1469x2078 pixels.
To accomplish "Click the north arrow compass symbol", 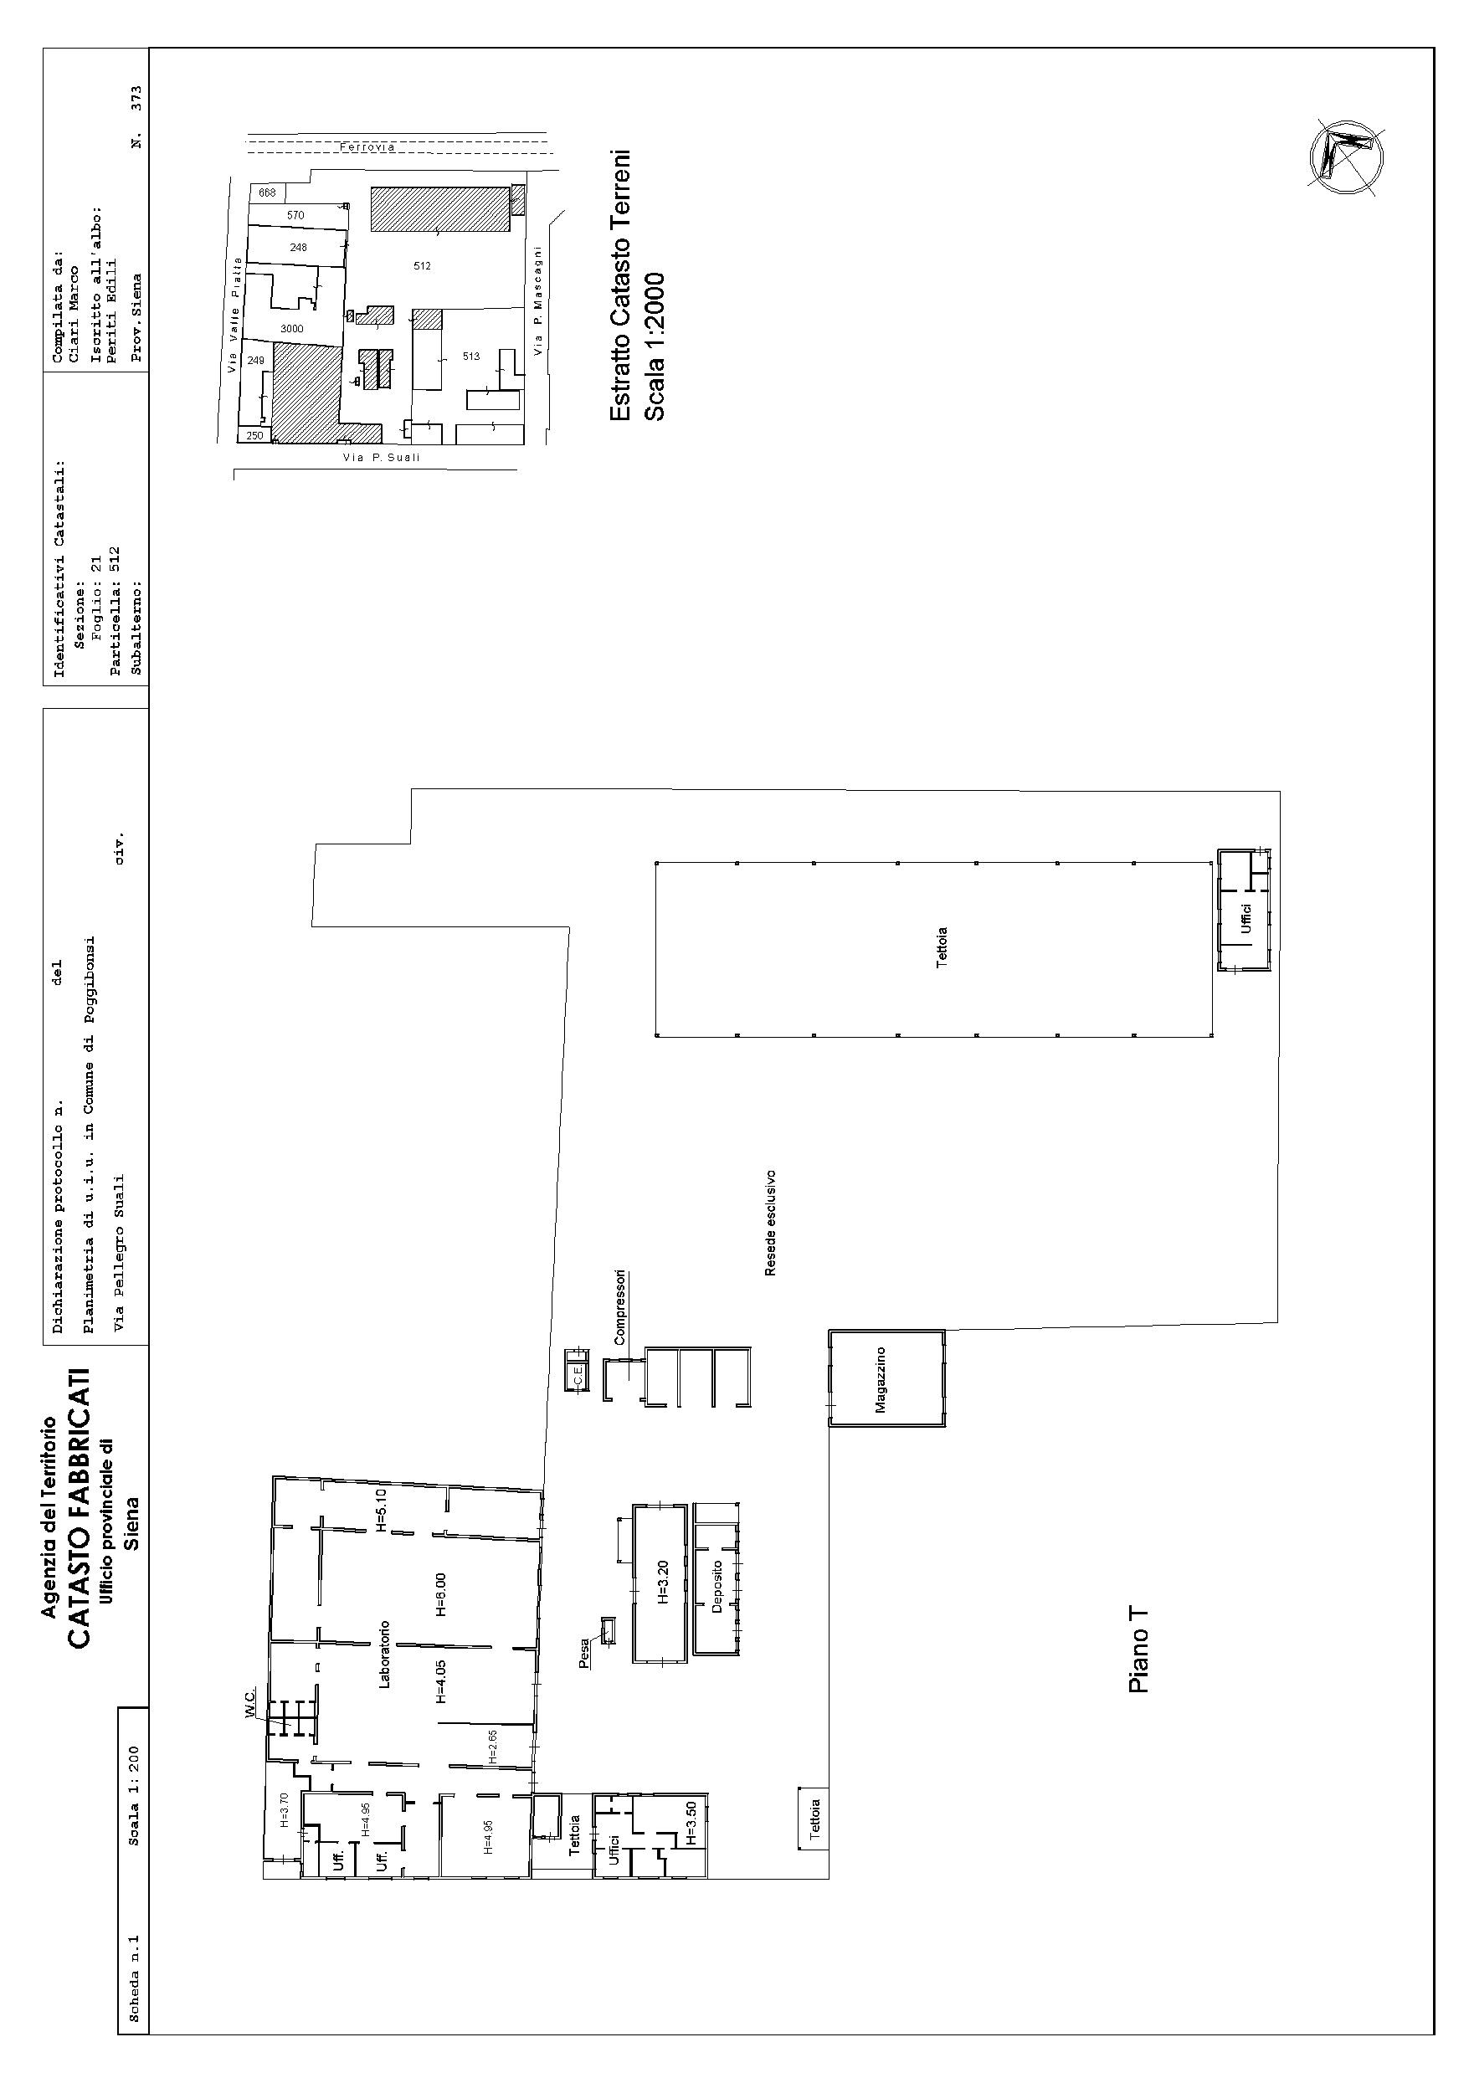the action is [x=1346, y=156].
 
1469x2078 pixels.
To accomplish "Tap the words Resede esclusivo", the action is [x=770, y=1224].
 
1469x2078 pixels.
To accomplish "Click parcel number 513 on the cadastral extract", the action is [x=470, y=357].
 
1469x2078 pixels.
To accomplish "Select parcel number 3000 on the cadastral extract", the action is [x=291, y=329].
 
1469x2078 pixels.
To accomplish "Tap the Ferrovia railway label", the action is [x=367, y=147].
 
